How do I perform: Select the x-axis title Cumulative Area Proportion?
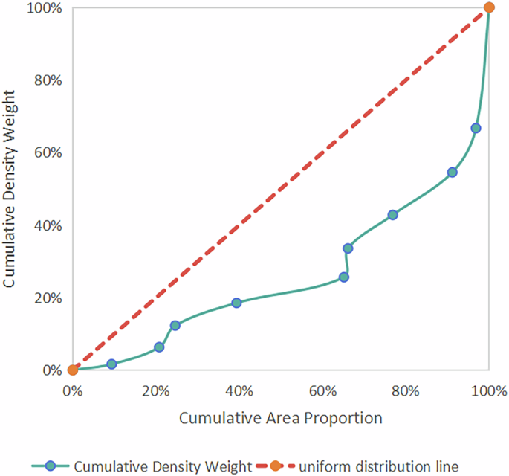280,418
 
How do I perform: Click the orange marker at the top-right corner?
489,7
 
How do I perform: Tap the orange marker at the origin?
72,370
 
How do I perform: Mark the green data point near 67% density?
476,129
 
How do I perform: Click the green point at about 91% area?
452,172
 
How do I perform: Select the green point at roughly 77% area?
392,215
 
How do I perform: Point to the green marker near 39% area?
236,303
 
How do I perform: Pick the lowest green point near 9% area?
111,364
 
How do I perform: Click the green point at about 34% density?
347,248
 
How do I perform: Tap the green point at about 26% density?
343,277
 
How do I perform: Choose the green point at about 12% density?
175,325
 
